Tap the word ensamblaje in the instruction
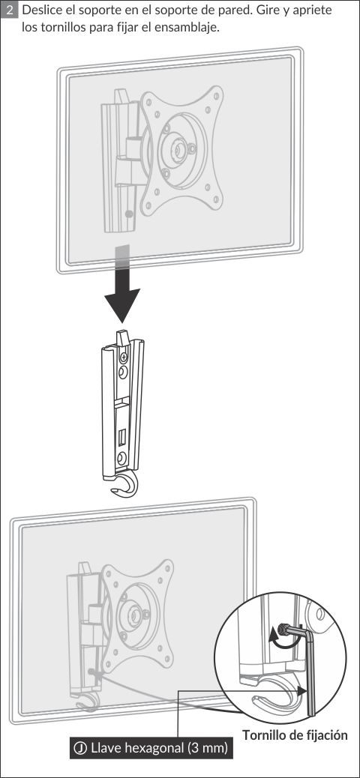[191, 28]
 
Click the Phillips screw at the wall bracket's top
[124, 356]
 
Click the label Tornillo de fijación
[295, 734]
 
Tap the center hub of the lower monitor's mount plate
[133, 615]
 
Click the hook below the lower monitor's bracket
[86, 705]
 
